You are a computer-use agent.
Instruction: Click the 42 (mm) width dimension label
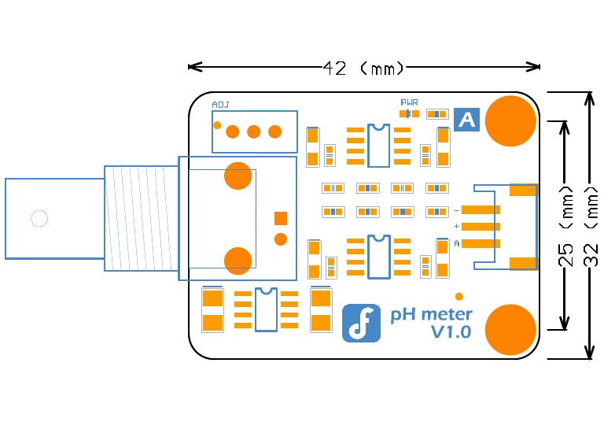tap(363, 68)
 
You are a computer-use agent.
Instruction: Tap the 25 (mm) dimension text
tap(564, 225)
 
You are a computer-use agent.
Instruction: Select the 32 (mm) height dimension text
tap(591, 225)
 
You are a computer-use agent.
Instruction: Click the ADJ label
tap(220, 105)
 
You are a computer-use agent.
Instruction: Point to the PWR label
tap(409, 102)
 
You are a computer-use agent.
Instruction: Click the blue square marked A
tap(467, 120)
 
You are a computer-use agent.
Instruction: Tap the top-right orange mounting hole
tap(510, 120)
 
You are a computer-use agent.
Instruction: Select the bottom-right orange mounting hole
tap(510, 329)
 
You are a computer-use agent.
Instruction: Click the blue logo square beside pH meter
tap(361, 323)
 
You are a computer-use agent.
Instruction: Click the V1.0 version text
tap(451, 332)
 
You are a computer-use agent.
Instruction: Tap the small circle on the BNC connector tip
tap(39, 218)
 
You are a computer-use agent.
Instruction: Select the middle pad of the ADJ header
tap(253, 131)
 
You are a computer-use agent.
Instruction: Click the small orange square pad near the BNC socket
tap(280, 218)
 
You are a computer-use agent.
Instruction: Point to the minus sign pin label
tap(457, 210)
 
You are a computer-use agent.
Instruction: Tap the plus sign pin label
tap(457, 227)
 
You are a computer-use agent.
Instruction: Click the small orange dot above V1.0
tap(459, 296)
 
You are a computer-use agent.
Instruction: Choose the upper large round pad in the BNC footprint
tap(238, 176)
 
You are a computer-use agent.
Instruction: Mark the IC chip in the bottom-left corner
tap(266, 309)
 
